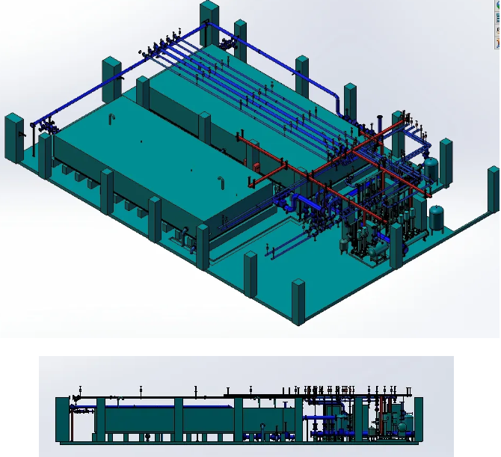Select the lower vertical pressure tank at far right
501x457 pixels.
pos(437,218)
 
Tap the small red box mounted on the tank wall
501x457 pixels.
pos(255,165)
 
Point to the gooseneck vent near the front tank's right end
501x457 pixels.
pos(221,183)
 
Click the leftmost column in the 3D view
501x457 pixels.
pos(13,138)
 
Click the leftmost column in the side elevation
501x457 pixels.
pos(62,419)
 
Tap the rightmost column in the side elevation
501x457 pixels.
pos(417,419)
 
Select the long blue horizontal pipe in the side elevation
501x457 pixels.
pos(150,407)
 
